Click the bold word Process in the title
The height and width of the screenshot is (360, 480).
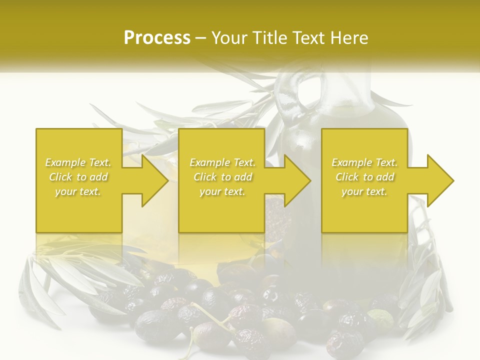(x=157, y=38)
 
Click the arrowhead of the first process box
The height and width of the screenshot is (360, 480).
(x=155, y=180)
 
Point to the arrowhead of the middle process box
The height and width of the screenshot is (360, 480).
(x=297, y=180)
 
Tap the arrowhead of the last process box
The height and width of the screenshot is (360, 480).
(x=440, y=180)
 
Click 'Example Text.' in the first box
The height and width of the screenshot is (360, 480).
(x=78, y=162)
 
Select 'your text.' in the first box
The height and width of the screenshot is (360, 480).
(x=78, y=191)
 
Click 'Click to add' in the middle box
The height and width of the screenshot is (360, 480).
(x=222, y=177)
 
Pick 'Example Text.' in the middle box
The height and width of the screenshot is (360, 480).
(x=222, y=162)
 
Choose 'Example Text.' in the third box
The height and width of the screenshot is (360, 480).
(x=364, y=162)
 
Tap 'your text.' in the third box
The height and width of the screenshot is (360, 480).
(x=364, y=191)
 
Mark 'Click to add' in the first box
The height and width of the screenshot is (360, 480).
(x=78, y=177)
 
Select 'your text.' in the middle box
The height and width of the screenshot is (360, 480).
(x=222, y=191)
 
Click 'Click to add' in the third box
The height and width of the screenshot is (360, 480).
(x=364, y=177)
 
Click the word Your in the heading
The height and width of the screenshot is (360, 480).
(x=228, y=38)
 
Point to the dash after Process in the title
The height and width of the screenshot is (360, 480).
(x=200, y=38)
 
